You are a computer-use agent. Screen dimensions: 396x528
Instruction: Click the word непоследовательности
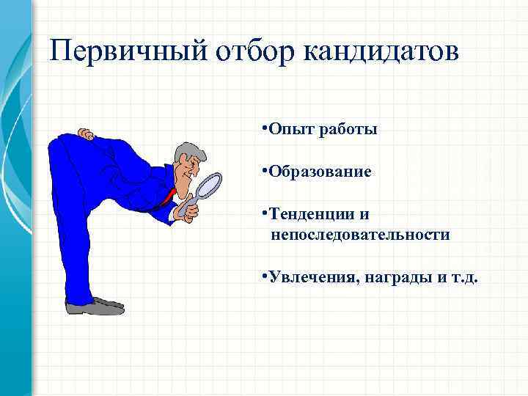pos(360,235)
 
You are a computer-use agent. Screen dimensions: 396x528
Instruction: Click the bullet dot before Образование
pos(263,170)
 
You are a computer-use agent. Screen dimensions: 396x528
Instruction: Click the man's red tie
pos(172,195)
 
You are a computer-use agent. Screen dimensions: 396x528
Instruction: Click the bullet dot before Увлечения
pos(263,275)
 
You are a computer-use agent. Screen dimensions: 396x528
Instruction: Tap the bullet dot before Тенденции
pos(263,212)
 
